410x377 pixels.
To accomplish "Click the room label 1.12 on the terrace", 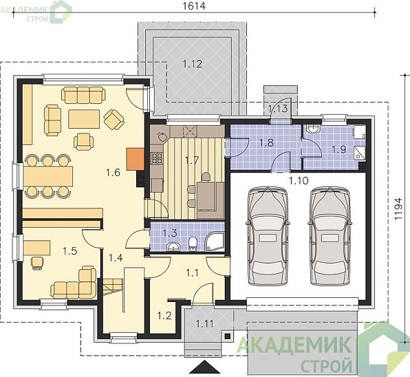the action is [193, 64].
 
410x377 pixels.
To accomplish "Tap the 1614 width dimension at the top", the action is [194, 6].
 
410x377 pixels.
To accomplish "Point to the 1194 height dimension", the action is [398, 208].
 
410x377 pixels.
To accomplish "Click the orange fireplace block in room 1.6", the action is [136, 159].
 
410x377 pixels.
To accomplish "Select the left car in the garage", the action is [268, 235].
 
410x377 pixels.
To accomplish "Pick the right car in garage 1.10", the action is [330, 235].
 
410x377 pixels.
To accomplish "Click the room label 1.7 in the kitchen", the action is [192, 160].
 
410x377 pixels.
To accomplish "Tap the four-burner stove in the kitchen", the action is [157, 158].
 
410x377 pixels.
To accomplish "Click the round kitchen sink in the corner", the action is [160, 136].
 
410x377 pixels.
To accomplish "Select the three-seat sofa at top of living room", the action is [83, 95].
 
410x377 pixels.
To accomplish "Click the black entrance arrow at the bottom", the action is [205, 368].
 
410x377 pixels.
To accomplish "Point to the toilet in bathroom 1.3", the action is [193, 244].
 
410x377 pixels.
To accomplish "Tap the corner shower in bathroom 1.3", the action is [215, 242].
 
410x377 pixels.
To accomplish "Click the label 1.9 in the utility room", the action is [339, 149].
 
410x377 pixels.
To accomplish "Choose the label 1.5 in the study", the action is [69, 251].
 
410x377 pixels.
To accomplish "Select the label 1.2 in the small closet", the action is [164, 316].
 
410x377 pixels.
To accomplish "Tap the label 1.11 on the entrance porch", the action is [205, 324].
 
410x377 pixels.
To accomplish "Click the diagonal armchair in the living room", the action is [114, 119].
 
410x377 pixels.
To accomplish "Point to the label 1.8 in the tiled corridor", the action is [266, 142].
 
